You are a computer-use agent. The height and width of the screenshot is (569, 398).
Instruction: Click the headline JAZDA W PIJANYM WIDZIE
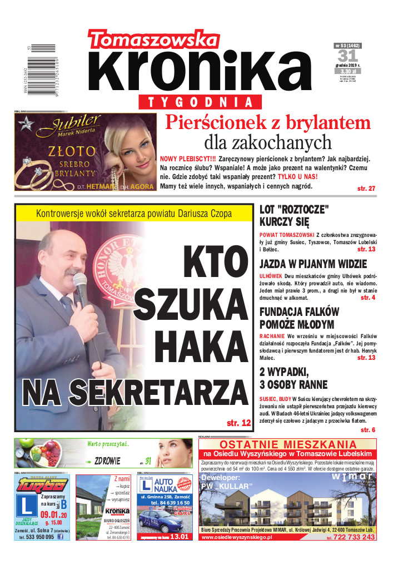pos(313,264)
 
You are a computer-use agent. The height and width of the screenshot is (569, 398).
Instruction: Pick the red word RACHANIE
pos(272,337)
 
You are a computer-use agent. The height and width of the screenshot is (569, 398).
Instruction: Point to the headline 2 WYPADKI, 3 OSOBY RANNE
pos(293,378)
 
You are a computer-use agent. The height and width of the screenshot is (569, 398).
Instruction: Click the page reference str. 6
pos(368,430)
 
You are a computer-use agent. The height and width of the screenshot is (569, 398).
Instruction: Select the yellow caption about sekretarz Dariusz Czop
pos(133,213)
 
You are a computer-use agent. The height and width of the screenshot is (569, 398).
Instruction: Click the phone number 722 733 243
pos(353,537)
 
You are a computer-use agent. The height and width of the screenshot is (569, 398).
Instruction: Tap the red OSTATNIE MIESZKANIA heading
pos(287,444)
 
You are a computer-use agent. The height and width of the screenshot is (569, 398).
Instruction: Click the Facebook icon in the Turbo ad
pos(60,537)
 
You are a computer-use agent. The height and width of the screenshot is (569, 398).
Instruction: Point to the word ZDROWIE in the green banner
pos(108,461)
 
